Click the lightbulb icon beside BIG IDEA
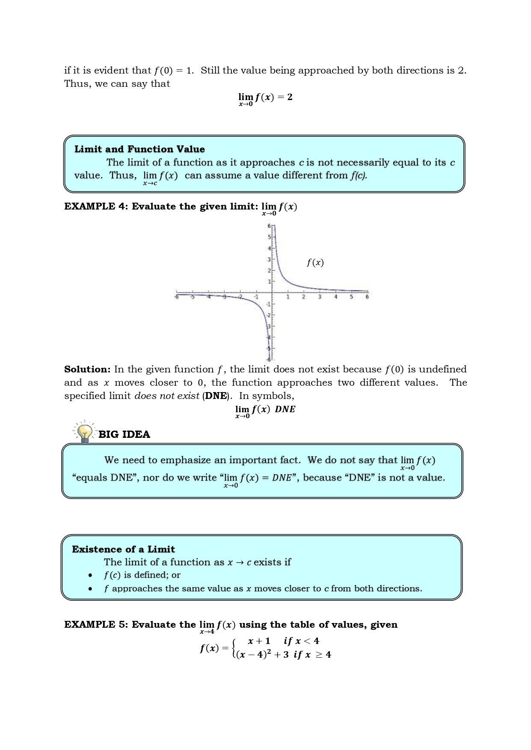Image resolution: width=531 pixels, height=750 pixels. (85, 432)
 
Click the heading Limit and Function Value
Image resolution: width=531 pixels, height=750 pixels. (139, 149)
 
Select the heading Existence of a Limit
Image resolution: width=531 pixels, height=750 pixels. (123, 549)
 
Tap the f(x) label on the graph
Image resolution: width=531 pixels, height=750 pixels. (315, 263)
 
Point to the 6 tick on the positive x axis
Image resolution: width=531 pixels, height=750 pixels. (367, 297)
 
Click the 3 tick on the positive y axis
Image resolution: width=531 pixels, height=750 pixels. (269, 260)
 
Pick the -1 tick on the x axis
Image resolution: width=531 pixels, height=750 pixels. (256, 297)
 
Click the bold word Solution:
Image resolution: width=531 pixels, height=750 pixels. (87, 369)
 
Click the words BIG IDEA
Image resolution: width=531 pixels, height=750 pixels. (124, 434)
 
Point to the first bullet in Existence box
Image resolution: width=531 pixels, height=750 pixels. (90, 576)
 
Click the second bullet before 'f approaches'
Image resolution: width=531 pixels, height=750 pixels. (90, 589)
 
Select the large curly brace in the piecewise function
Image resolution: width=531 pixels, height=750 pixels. (234, 648)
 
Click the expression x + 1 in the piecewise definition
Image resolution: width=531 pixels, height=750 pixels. (259, 641)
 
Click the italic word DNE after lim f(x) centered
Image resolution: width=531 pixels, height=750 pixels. (285, 409)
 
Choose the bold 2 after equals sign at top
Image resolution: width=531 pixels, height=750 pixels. (290, 97)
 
